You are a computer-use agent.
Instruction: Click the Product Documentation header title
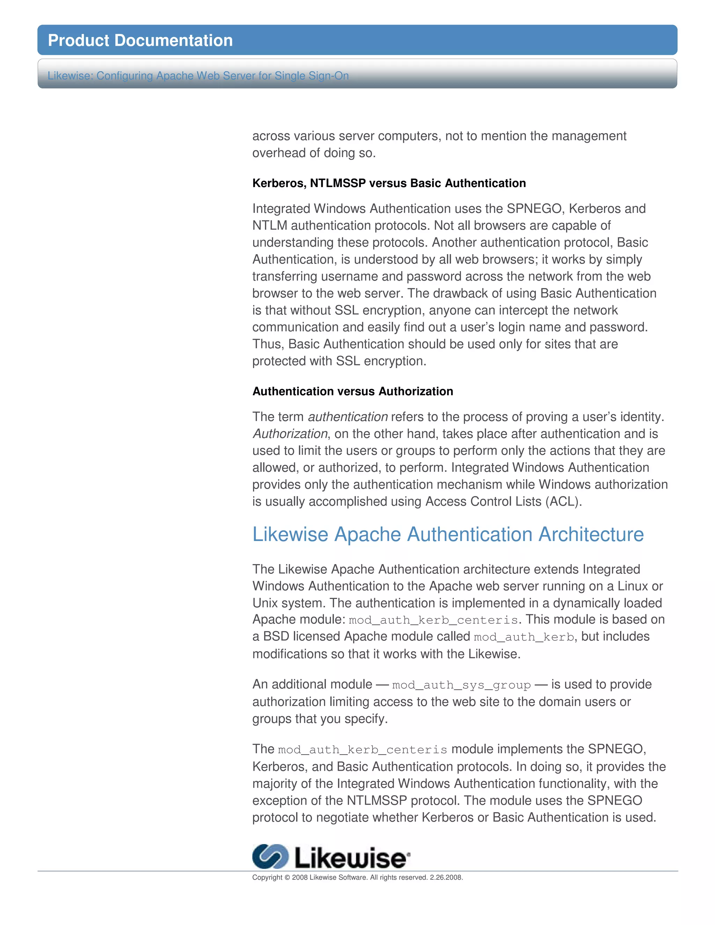140,40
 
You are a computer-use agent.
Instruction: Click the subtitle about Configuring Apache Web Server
198,76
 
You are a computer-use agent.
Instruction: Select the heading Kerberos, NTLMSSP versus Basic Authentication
389,183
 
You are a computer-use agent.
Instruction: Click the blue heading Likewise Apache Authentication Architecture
448,534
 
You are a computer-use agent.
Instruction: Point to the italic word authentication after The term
348,417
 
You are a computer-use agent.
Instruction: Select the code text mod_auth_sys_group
461,685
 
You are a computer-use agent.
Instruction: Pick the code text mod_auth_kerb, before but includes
524,637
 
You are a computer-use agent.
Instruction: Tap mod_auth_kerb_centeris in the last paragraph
363,750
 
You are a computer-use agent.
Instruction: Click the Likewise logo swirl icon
270,856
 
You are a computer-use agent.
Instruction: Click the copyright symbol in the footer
287,878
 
